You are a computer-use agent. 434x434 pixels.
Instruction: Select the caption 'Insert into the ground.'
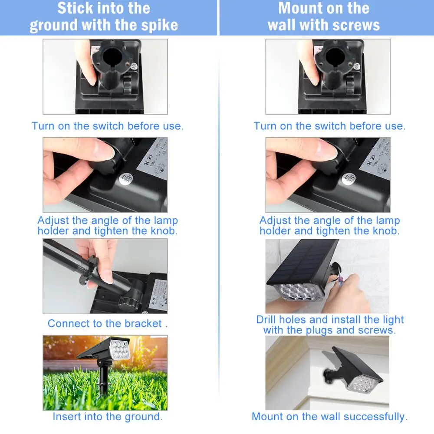click(x=108, y=417)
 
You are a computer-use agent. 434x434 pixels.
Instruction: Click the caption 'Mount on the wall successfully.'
click(x=329, y=417)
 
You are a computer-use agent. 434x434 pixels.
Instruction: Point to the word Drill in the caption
click(x=266, y=320)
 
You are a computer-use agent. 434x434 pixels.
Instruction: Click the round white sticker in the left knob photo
click(x=126, y=178)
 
